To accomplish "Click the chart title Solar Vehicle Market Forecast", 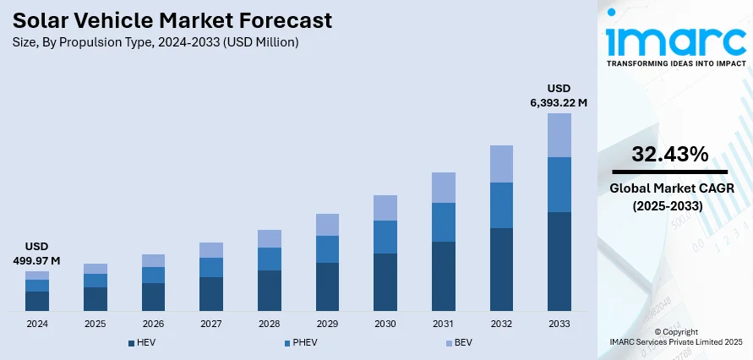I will tap(172, 20).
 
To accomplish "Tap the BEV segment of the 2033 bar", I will tap(559, 135).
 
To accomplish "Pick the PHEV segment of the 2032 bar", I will tap(501, 205).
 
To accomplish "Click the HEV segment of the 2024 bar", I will tap(37, 301).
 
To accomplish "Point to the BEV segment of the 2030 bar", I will tap(385, 208).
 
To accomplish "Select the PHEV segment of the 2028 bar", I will tap(269, 259).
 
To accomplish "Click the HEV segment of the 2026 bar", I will tap(153, 296).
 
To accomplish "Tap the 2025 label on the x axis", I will tap(95, 324).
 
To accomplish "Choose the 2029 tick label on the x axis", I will tap(327, 324).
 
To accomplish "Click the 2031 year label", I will tap(443, 324).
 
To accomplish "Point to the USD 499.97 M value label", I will tap(37, 254).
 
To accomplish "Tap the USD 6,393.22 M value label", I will tap(559, 95).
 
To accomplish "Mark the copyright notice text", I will tap(675, 337).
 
